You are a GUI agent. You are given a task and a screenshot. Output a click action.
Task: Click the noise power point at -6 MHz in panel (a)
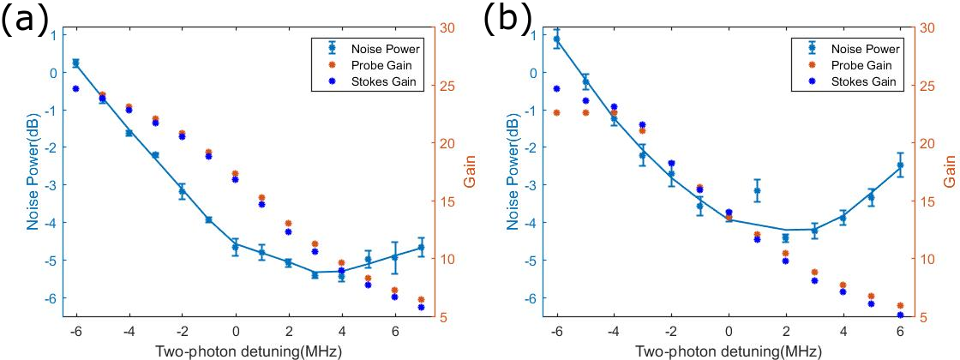tap(75, 63)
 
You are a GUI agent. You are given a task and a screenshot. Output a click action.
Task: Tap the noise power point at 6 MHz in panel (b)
tap(900, 165)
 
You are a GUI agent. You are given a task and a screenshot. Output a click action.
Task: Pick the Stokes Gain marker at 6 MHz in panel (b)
tap(900, 315)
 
